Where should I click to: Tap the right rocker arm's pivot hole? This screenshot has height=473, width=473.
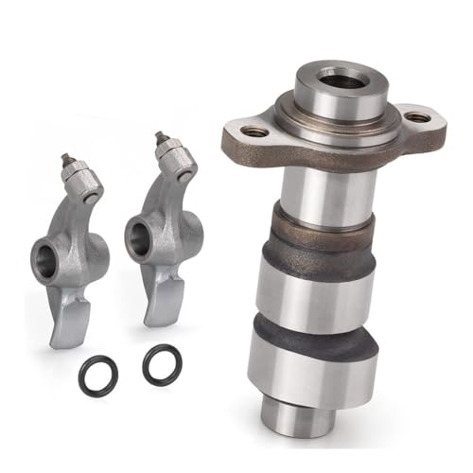[x=139, y=233]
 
